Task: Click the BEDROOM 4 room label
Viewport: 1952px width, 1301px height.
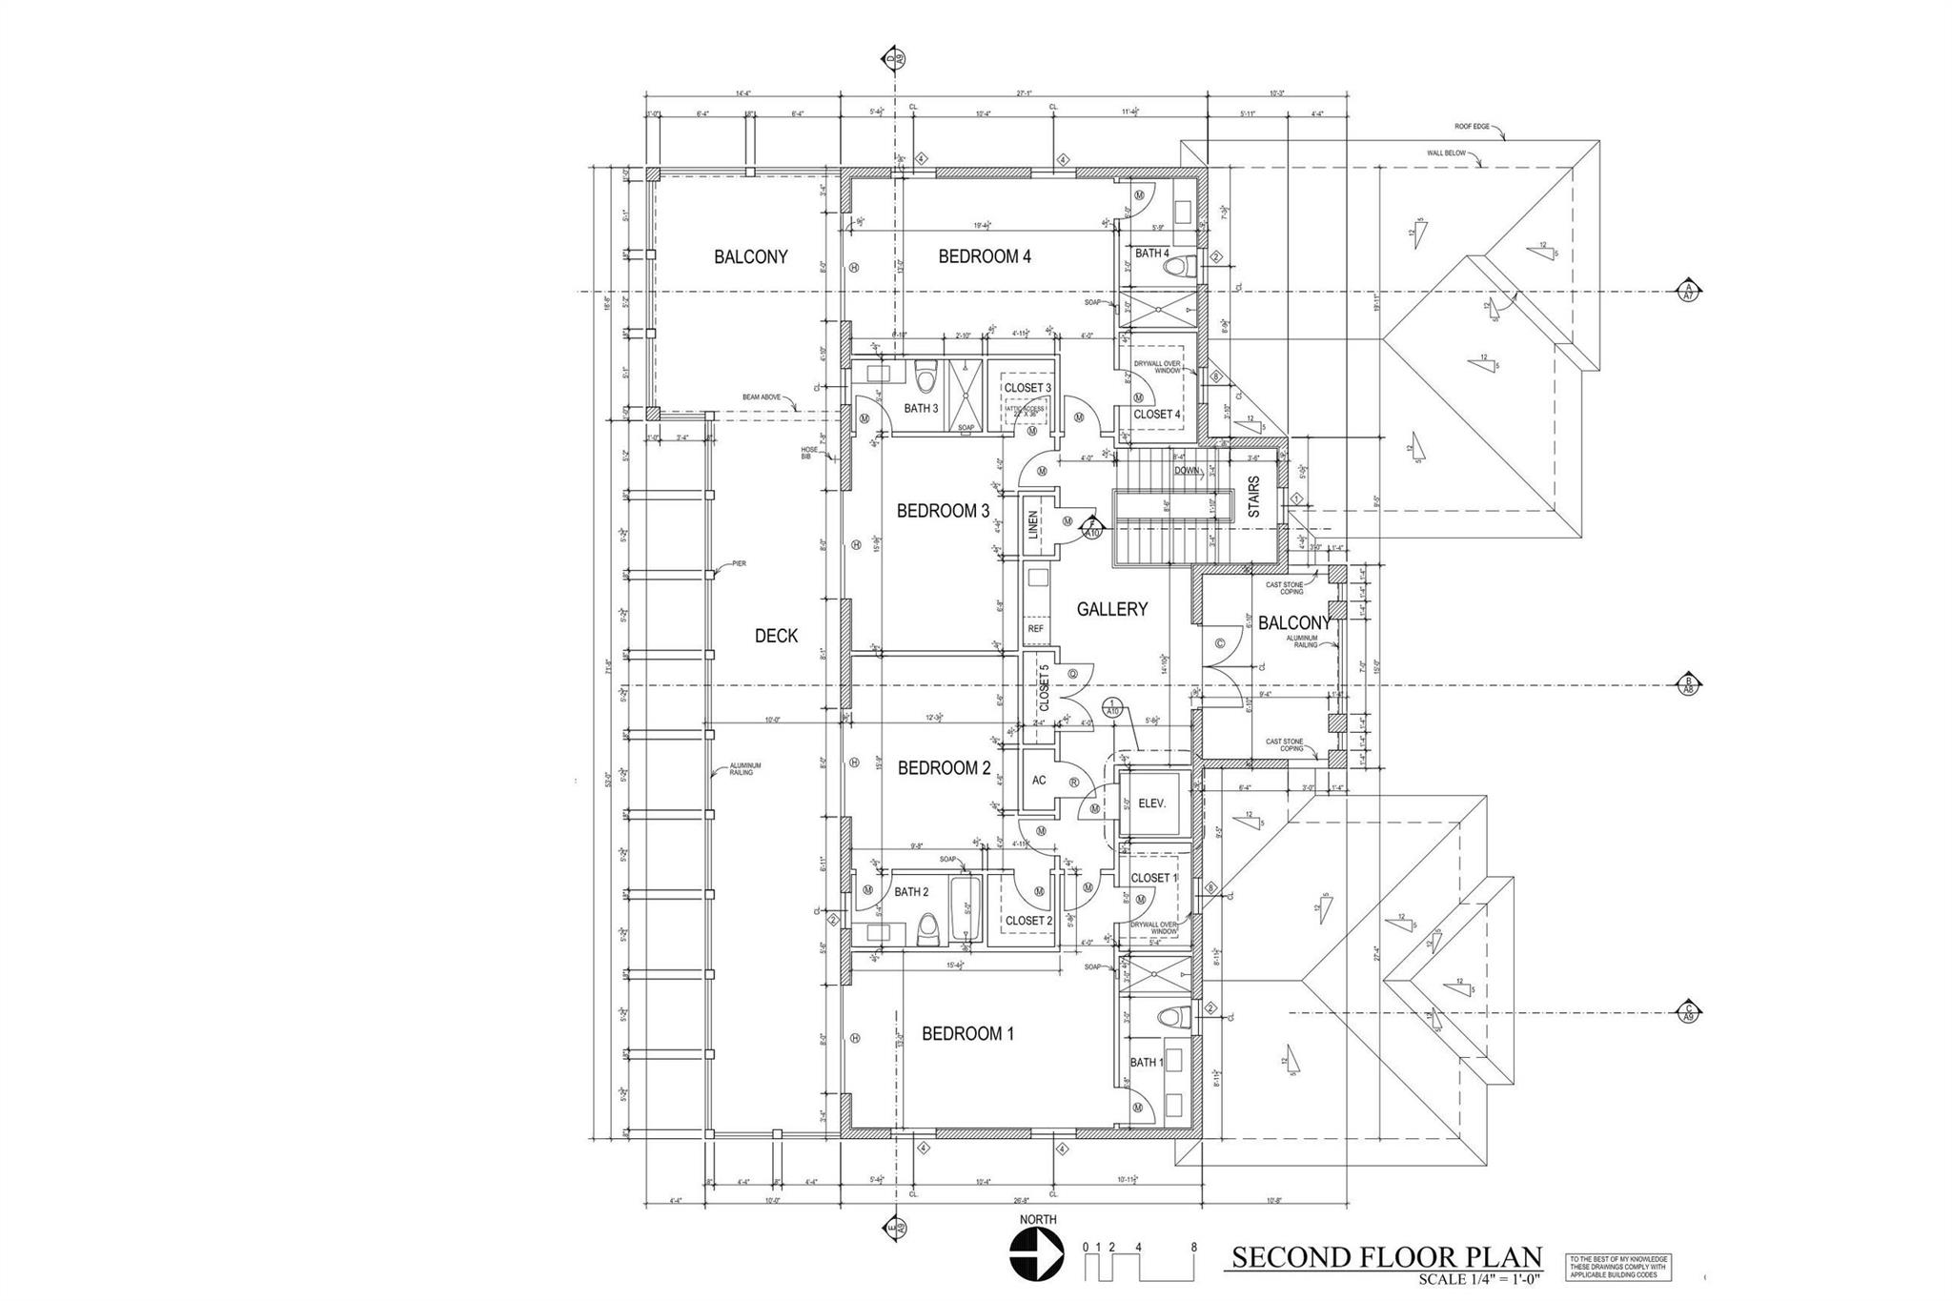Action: coord(985,256)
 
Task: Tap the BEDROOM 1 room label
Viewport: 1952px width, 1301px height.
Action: coord(967,1034)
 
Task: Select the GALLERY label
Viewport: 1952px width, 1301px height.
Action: coord(1111,610)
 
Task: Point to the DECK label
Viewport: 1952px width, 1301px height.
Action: coord(776,637)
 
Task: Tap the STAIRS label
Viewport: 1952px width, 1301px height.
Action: coord(1253,498)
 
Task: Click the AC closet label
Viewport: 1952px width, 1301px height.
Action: coord(1039,781)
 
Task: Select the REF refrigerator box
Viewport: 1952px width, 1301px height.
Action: coord(1035,629)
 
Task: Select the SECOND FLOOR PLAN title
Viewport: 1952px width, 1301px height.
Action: coord(1386,1256)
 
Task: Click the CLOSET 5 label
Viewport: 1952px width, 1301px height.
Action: coord(1044,688)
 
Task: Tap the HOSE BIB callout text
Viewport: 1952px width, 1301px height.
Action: coord(809,454)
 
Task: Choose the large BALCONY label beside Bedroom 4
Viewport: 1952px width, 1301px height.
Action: coord(751,257)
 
